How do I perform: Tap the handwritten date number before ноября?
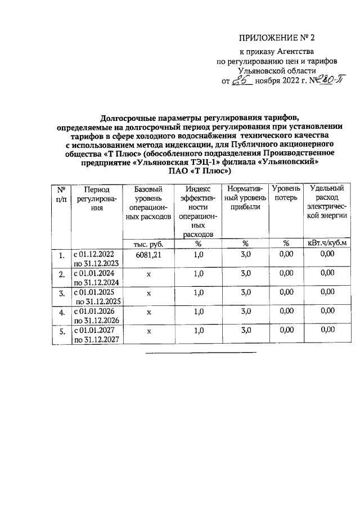[242, 80]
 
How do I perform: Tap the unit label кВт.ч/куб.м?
[327, 243]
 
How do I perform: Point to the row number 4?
[61, 312]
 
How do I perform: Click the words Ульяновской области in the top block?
[272, 70]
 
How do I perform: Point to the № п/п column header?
[61, 195]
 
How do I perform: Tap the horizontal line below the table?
[201, 353]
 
